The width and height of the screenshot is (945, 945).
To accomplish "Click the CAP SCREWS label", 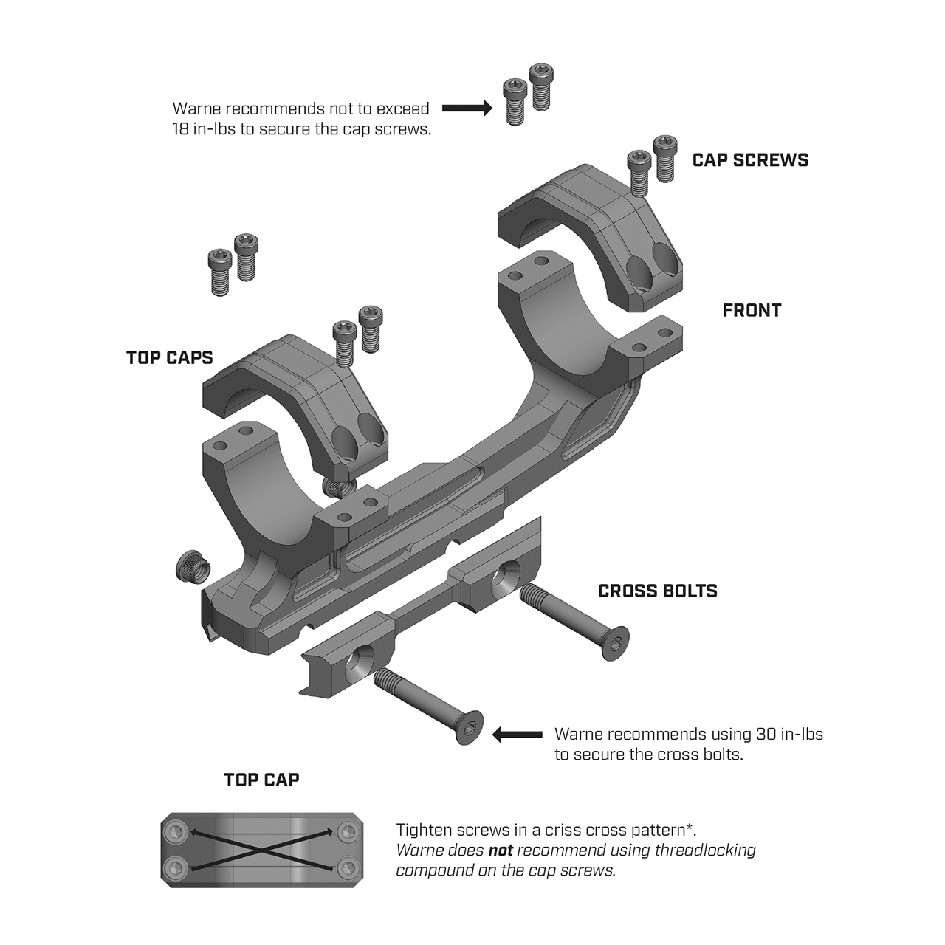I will (x=750, y=160).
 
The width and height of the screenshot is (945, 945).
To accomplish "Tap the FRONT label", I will (x=752, y=310).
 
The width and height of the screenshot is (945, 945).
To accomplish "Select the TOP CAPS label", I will (x=170, y=357).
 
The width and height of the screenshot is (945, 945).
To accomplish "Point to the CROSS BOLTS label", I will (x=657, y=591).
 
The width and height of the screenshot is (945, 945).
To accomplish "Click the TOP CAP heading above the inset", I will (x=261, y=780).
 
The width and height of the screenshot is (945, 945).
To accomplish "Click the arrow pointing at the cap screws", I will (x=467, y=109).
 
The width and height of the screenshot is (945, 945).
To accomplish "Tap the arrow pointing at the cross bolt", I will (x=517, y=735).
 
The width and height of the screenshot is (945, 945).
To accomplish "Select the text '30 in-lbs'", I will (x=789, y=735).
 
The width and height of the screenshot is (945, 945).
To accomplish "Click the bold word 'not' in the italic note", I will (x=501, y=850).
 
